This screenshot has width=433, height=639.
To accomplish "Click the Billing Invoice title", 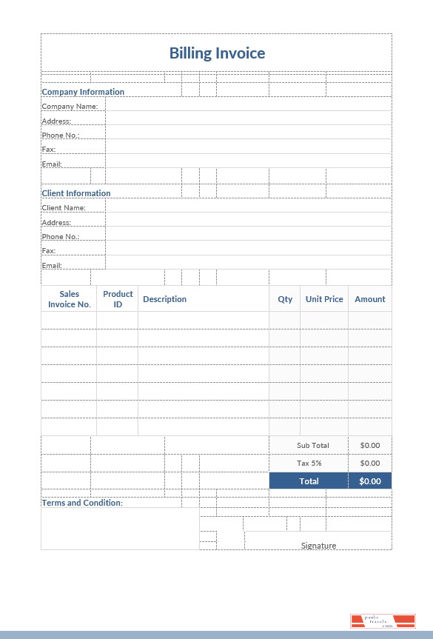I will point(217,53).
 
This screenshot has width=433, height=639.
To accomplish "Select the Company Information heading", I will point(83,92).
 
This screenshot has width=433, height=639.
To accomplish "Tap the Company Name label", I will point(70,107).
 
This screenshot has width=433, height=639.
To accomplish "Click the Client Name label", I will point(64,208).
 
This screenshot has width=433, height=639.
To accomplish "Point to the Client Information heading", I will point(76,193).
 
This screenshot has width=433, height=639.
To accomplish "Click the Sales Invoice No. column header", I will point(70,299).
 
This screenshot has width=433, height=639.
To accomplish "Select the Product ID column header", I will point(118,299).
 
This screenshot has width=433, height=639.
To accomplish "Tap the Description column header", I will point(164,299).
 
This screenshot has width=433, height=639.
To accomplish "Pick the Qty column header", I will point(285,299).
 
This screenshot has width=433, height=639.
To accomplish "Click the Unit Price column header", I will point(324,299).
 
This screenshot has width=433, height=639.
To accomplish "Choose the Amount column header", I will point(370,299).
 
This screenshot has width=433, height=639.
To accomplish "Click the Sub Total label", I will point(312,445).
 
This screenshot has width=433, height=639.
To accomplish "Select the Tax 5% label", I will point(309,463).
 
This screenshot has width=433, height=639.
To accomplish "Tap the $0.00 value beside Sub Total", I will point(369,445).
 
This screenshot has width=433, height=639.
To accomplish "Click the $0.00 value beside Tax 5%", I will point(369,463).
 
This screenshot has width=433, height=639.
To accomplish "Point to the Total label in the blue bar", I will point(309,481).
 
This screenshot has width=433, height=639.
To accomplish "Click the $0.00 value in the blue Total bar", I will point(369,481).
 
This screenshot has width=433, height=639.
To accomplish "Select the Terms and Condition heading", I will point(82,503).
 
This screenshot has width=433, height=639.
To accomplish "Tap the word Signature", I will point(318,546).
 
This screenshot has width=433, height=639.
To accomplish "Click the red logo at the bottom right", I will point(383,621).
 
